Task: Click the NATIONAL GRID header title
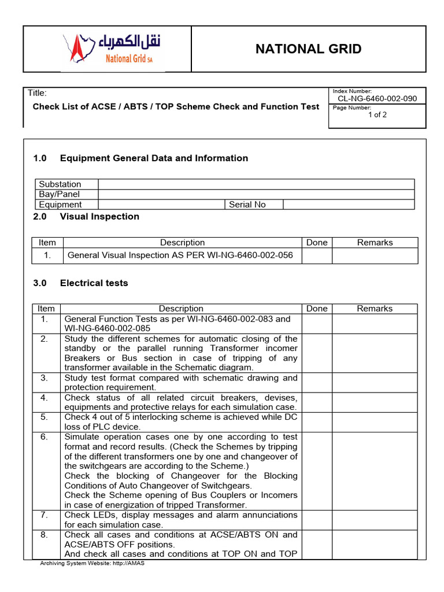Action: coord(308,49)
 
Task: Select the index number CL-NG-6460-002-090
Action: coord(377,99)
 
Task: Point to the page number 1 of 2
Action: coord(377,114)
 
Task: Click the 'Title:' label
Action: coord(37,93)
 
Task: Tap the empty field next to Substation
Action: coord(256,184)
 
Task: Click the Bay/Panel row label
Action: coord(59,194)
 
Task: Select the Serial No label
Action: coord(247,205)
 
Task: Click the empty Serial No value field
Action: coord(349,205)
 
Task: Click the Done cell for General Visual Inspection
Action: coord(316,256)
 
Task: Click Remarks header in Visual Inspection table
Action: coord(375,243)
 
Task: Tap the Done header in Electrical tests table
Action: coord(316,309)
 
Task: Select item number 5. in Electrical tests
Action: coord(45,417)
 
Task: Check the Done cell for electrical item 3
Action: coord(316,383)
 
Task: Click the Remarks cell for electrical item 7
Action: coord(375,520)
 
